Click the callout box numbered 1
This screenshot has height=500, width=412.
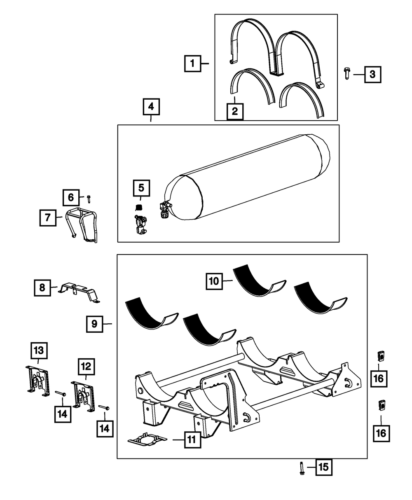192,64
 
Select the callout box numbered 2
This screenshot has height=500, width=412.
235,112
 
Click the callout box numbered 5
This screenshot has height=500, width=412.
141,188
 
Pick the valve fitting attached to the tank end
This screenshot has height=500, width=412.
165,210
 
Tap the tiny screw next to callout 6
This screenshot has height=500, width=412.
89,199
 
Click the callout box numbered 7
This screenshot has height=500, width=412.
47,217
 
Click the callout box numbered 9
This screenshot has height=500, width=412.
94,325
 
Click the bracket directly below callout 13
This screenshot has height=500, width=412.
38,380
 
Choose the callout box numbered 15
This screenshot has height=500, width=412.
324,467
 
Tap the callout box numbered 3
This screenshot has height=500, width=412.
372,75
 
